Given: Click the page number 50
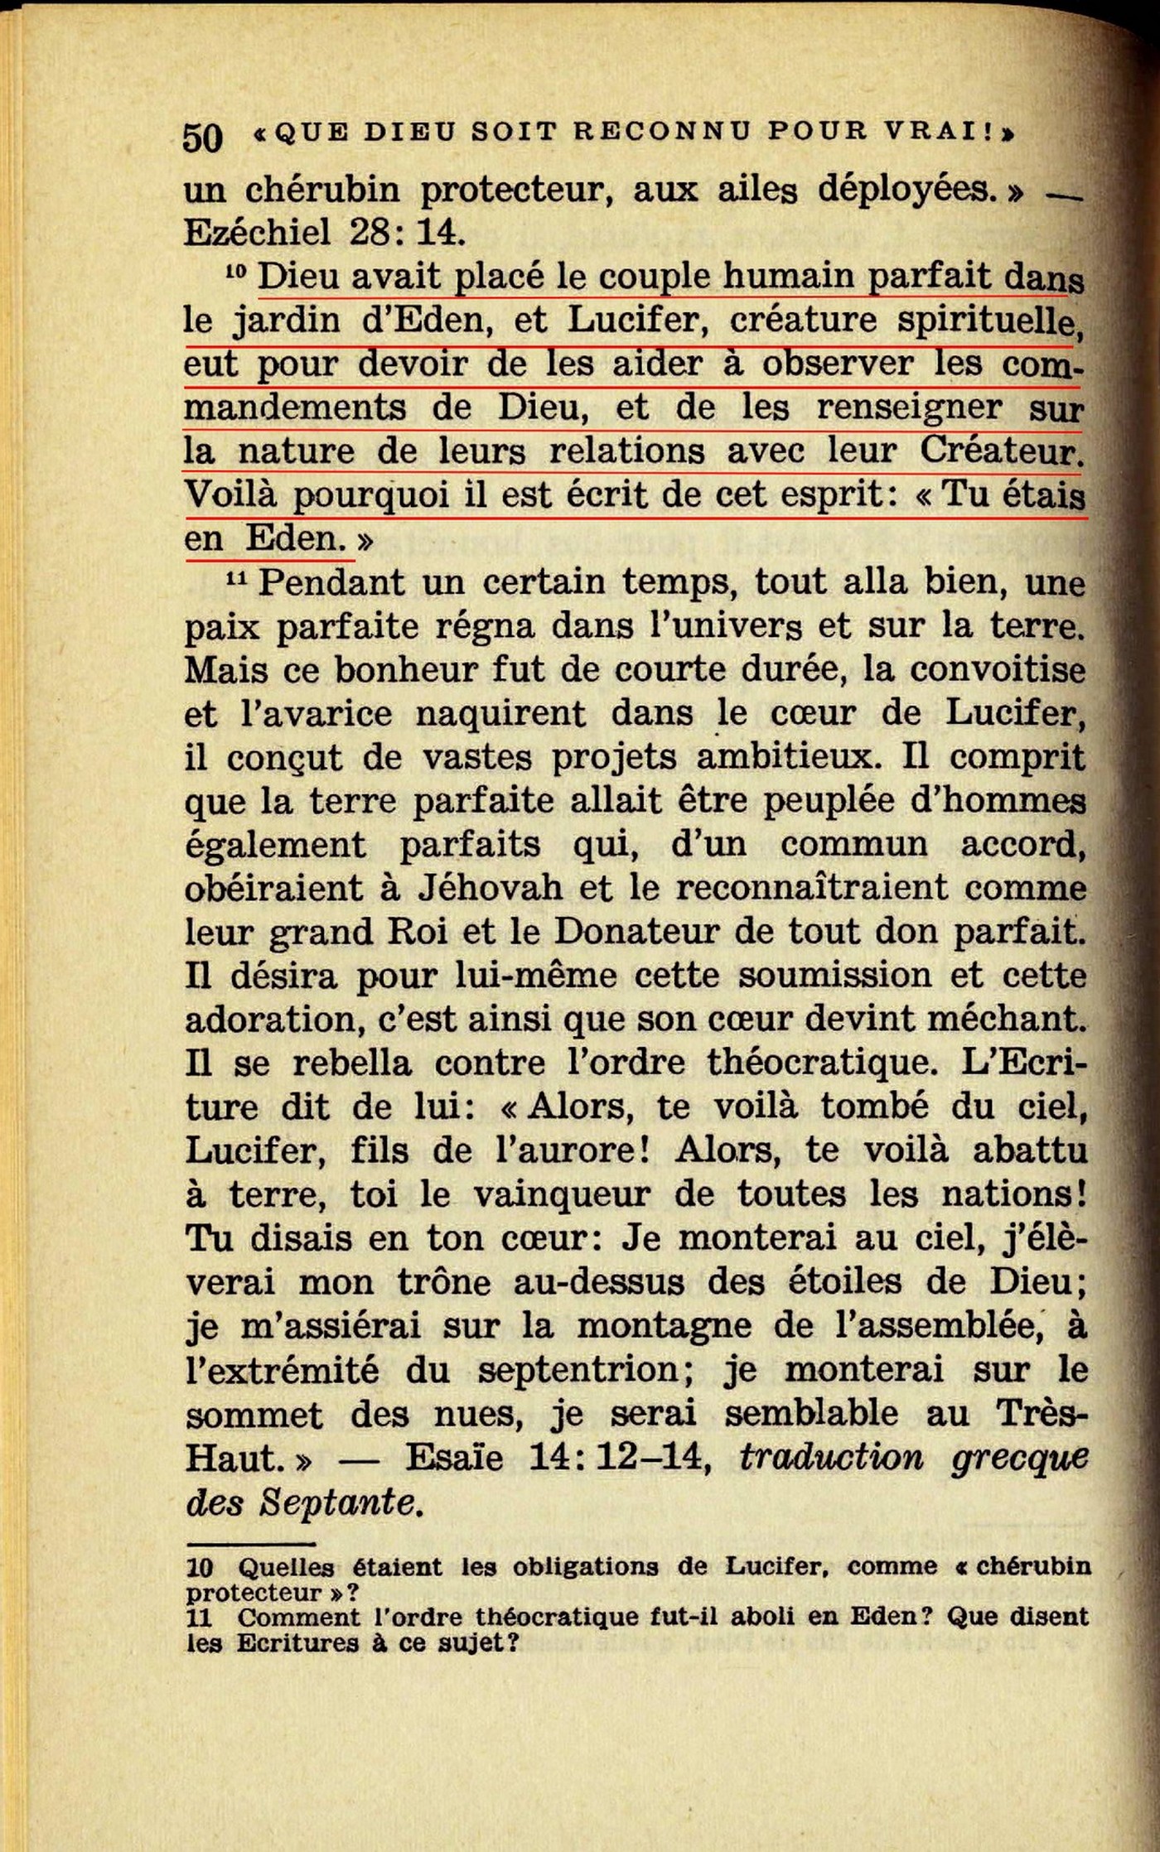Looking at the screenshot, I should pos(202,137).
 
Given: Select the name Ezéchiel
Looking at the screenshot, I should pos(257,233).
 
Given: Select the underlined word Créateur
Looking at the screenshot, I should pos(1001,451).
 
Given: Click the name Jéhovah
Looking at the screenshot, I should pos(490,888).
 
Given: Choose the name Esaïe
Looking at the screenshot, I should pos(453,1458).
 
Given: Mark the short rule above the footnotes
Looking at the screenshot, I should pos(250,1544).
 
